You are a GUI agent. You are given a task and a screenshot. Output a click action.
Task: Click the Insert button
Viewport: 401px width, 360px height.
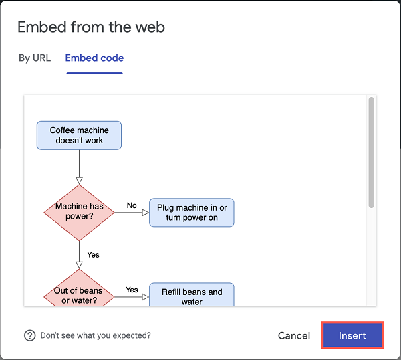tap(352, 335)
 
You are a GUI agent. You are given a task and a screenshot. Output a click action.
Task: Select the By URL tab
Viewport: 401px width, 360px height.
tap(35, 58)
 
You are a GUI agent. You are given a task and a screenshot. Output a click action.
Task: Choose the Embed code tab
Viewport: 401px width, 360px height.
tap(94, 58)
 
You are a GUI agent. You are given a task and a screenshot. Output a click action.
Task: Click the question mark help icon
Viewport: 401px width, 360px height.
tap(30, 335)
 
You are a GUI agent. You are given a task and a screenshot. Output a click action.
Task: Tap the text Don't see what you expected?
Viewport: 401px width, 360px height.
tap(96, 335)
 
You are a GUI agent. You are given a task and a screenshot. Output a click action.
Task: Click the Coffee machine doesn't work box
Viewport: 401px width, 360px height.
tap(79, 135)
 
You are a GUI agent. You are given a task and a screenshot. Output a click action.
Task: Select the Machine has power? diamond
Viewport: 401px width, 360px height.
tap(79, 213)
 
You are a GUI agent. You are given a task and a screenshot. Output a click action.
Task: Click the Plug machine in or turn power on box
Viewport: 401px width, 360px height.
tap(192, 213)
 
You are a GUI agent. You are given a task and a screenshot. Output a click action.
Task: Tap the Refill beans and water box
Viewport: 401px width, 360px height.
tap(192, 294)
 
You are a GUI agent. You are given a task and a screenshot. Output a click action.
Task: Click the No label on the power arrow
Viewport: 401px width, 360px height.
tap(132, 205)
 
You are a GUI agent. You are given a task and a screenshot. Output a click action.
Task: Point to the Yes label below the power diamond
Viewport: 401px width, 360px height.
tap(93, 255)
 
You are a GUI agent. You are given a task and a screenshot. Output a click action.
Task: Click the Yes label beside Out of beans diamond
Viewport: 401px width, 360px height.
tap(132, 290)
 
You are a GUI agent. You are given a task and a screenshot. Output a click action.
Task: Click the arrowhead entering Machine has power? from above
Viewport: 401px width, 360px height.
tap(79, 181)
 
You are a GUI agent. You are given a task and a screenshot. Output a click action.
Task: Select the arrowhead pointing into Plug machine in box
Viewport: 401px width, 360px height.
tap(146, 213)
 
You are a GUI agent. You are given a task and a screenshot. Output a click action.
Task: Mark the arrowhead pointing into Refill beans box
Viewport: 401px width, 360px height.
tap(146, 297)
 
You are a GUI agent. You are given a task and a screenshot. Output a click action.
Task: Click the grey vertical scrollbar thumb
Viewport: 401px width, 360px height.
tap(372, 153)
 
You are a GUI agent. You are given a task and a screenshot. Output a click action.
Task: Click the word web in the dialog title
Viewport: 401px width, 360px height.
tap(150, 27)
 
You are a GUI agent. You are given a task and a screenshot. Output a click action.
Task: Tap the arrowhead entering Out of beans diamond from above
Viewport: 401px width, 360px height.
tap(79, 265)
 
